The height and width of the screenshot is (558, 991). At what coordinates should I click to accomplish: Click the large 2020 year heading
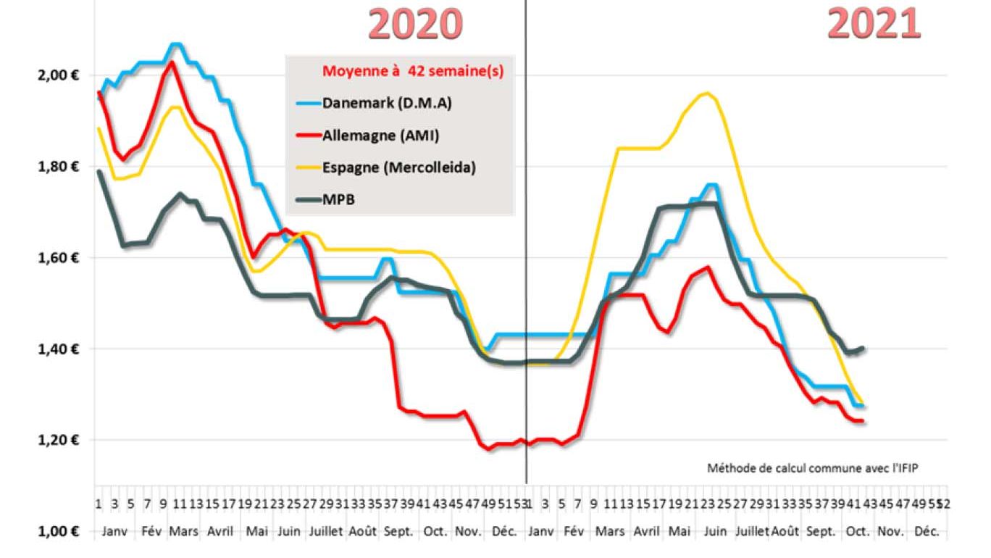(415, 24)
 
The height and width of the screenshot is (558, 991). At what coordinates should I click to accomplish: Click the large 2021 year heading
(874, 24)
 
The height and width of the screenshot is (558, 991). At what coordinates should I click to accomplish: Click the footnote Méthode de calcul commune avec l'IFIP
(816, 468)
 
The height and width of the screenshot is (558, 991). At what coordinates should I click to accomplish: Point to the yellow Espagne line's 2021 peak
(706, 93)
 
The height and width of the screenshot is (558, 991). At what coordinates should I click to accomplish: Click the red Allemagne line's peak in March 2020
(171, 62)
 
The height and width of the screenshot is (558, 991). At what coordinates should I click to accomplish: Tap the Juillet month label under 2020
(325, 531)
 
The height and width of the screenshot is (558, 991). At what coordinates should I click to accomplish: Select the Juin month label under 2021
(714, 531)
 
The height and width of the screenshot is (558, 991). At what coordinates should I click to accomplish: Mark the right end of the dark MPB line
(863, 349)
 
